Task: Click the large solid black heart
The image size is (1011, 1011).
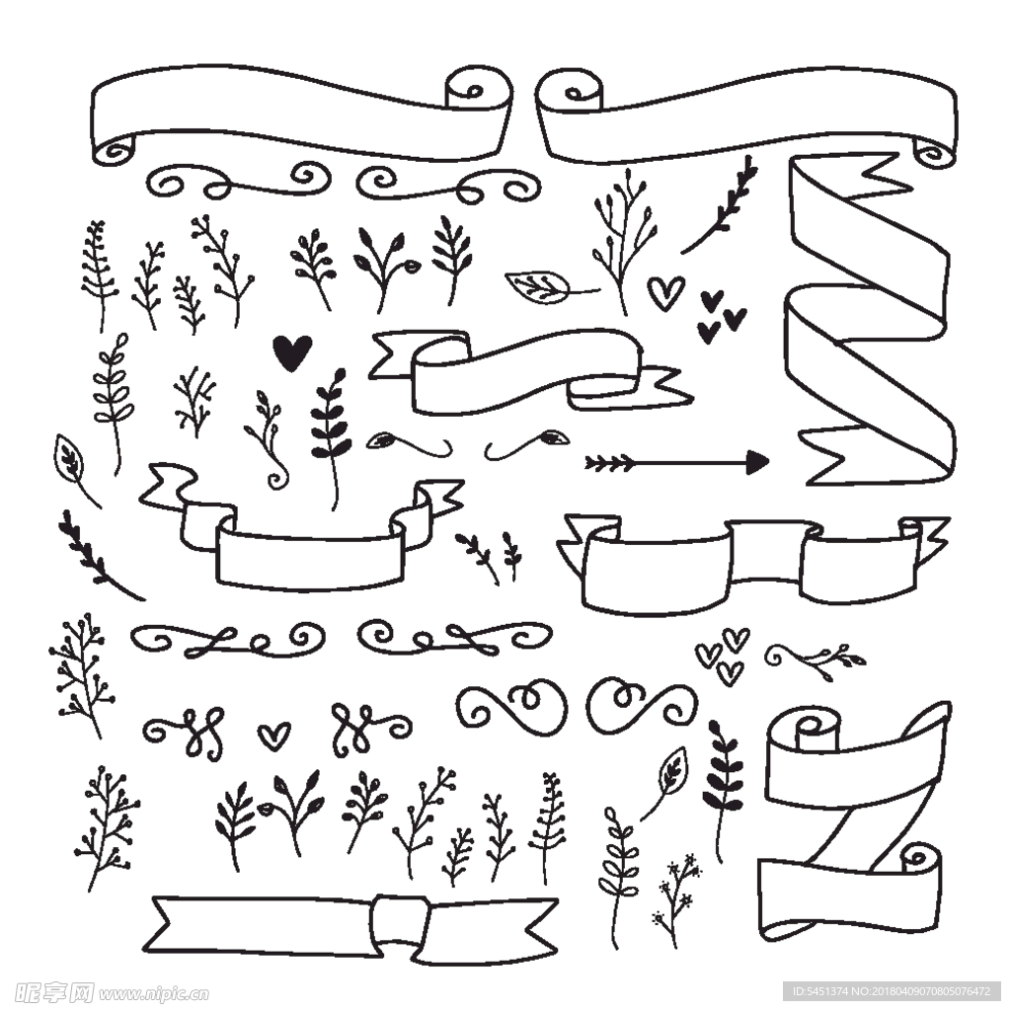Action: [x=292, y=352]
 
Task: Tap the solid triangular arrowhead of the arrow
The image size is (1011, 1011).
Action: [x=757, y=462]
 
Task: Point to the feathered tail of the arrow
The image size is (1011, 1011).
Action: [x=609, y=463]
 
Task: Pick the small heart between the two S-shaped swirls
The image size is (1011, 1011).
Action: [x=274, y=736]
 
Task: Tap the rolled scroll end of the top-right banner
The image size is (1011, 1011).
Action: [x=570, y=89]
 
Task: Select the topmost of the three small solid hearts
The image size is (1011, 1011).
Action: [x=712, y=300]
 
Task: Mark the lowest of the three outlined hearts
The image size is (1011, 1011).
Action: [x=730, y=673]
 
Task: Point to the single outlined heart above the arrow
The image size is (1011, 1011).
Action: [x=666, y=293]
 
